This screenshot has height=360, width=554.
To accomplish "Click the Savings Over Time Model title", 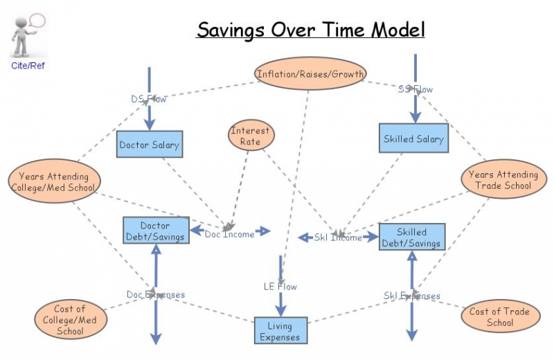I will (310, 30).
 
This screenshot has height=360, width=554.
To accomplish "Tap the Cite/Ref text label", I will (28, 66).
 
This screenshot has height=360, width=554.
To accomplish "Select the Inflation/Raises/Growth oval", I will (310, 74).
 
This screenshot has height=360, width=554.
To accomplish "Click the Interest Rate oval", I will (251, 136).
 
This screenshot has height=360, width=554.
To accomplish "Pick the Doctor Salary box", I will (149, 145).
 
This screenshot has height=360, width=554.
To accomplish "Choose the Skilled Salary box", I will (413, 138).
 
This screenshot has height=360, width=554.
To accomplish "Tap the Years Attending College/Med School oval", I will (53, 182).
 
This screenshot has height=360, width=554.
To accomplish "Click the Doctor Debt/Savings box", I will (156, 231).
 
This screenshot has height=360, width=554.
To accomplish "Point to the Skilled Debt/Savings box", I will (411, 237).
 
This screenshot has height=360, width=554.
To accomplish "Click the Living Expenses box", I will (280, 331).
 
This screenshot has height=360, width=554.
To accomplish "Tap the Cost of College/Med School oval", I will (70, 319).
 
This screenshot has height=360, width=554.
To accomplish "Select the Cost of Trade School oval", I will (499, 316).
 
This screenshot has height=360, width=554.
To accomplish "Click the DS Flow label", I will (149, 99).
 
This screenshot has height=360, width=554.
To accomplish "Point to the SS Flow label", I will (415, 89).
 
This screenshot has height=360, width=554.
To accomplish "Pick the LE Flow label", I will (280, 286).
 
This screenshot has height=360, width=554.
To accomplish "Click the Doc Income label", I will (230, 234).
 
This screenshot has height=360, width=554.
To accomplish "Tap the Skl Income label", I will (338, 237).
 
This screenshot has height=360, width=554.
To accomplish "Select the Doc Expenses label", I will (156, 295).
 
